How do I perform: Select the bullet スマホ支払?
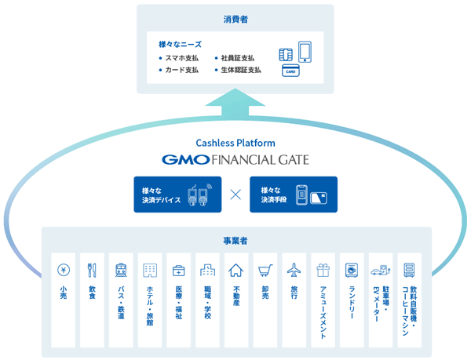tap(181, 58)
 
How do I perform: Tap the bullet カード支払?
tap(181, 70)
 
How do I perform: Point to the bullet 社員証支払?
tap(235, 58)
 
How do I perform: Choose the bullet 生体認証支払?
tap(239, 70)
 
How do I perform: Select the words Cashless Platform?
tap(235, 144)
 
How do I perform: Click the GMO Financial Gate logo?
tap(235, 159)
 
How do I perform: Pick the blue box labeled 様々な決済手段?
tap(293, 195)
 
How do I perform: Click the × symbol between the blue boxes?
tap(235, 195)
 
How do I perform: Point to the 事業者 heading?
tap(235, 240)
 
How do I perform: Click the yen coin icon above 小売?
tap(63, 270)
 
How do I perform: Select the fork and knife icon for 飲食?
tap(92, 270)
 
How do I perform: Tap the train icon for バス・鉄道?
tap(120, 270)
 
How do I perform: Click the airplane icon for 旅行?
tap(294, 270)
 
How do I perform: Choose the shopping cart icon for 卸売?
tap(265, 270)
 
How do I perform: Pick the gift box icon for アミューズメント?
tap(323, 270)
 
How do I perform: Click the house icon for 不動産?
tap(235, 270)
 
